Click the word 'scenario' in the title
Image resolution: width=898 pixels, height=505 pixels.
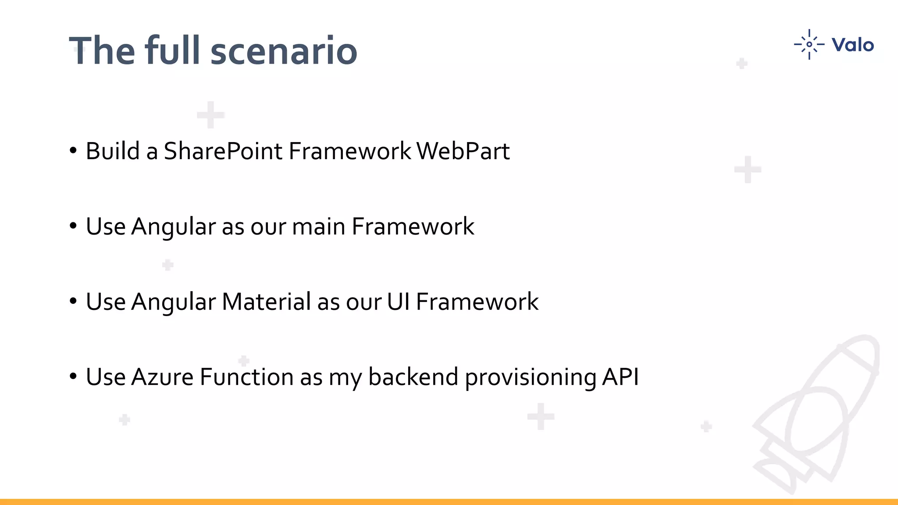284,51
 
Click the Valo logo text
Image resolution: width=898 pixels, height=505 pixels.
852,45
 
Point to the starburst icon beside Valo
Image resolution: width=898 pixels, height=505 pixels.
809,44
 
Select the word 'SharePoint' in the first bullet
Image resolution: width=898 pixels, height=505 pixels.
223,151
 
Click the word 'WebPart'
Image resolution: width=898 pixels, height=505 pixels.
463,151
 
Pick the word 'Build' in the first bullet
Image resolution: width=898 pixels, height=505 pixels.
113,151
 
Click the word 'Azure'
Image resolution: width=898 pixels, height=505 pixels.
162,377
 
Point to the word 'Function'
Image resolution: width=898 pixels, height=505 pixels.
246,377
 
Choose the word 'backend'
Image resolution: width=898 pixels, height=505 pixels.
413,377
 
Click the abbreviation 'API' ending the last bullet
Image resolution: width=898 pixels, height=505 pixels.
620,377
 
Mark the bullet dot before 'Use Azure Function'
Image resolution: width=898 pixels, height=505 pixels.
73,376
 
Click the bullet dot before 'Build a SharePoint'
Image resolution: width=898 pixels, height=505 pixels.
73,150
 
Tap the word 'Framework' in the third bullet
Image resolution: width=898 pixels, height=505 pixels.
477,302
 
